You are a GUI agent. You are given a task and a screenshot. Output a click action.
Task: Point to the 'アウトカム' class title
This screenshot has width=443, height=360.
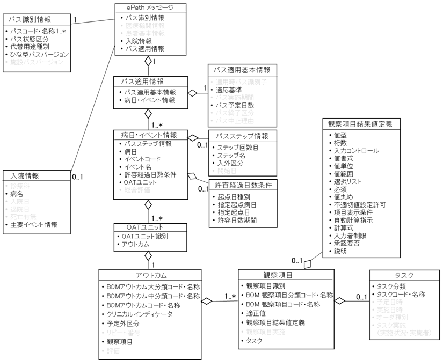pyautogui.click(x=149, y=275)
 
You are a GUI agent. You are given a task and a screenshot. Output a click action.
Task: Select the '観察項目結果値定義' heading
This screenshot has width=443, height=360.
pyautogui.click(x=360, y=123)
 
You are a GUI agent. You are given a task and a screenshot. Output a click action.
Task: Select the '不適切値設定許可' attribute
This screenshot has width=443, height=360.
pyautogui.click(x=360, y=205)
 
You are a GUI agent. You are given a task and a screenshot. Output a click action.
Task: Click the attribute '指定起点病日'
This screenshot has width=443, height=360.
pyautogui.click(x=236, y=204)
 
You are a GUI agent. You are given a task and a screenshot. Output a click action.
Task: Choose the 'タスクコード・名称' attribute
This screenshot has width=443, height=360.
pyautogui.click(x=401, y=294)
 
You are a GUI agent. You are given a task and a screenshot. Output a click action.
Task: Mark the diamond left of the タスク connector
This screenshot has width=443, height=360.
pyautogui.click(x=340, y=302)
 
